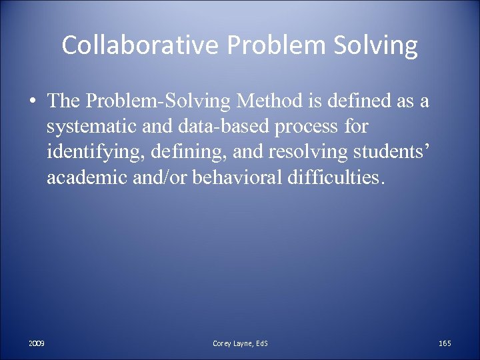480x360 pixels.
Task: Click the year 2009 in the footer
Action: (x=37, y=343)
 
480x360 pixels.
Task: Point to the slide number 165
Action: (x=445, y=343)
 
